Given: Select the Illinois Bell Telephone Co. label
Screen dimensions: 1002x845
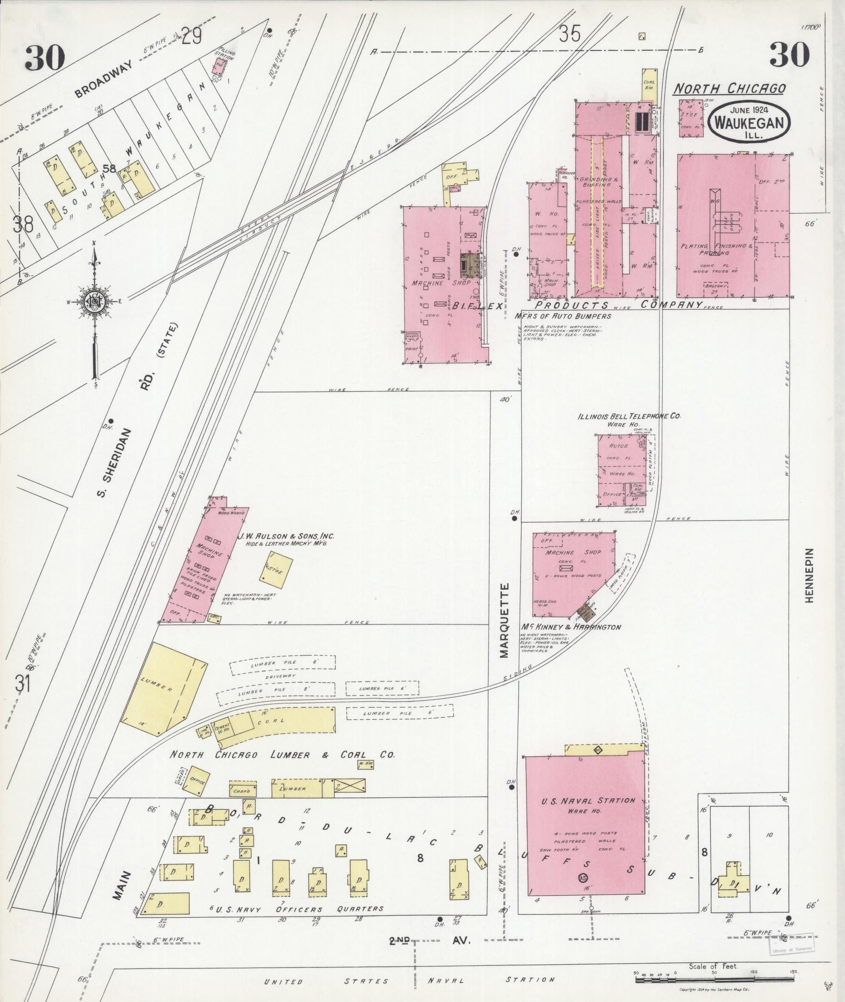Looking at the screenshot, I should tap(629, 416).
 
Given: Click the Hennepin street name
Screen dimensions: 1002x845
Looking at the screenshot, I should tap(809, 575).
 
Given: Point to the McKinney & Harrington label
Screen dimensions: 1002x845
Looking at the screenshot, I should tap(570, 627).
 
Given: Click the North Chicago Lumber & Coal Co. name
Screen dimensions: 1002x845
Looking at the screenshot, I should tap(282, 755).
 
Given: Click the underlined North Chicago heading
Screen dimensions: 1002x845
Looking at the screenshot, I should tap(729, 88).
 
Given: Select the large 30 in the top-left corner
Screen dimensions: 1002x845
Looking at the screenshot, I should tap(45, 58).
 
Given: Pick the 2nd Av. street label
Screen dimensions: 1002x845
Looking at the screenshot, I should tap(431, 941).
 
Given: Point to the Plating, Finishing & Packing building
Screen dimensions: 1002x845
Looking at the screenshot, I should tap(732, 226).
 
